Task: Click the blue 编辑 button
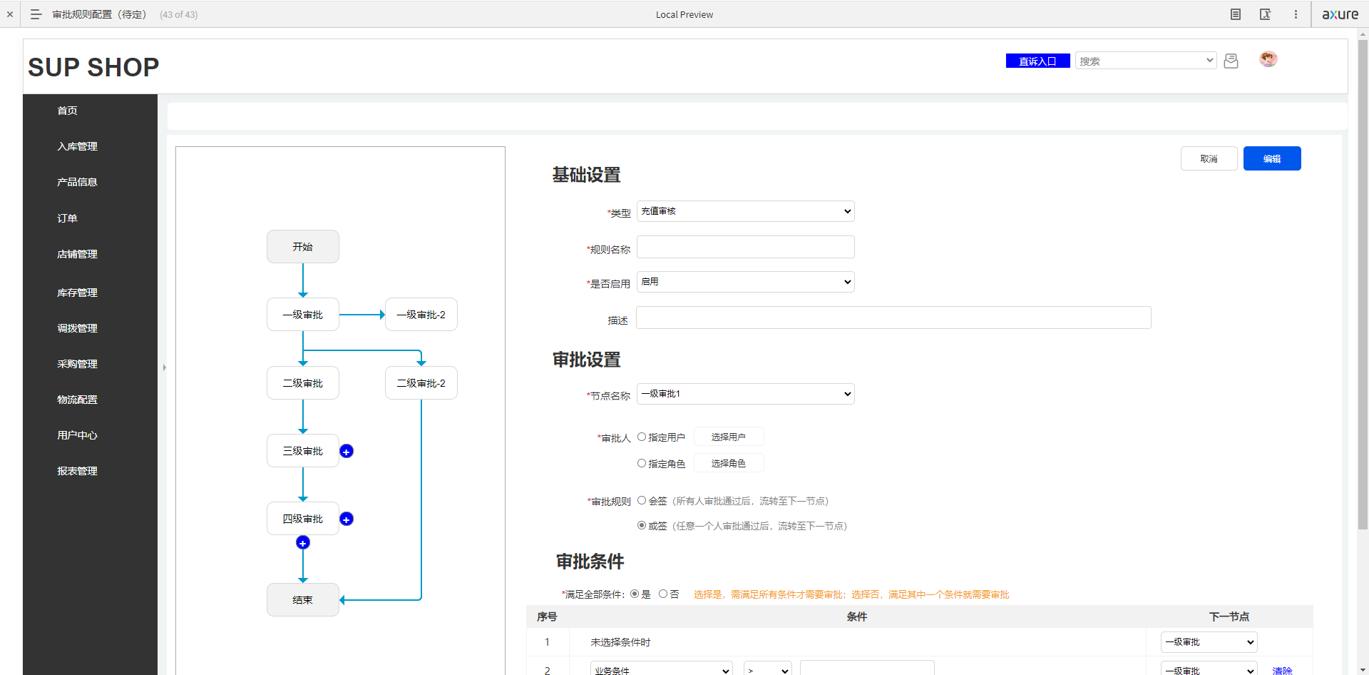pyautogui.click(x=1272, y=158)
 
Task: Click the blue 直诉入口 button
pyautogui.click(x=1037, y=61)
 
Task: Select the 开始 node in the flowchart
pyautogui.click(x=303, y=246)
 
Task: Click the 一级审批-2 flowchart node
pyautogui.click(x=421, y=315)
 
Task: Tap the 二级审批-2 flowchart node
pyautogui.click(x=421, y=383)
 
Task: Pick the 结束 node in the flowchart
pyautogui.click(x=303, y=600)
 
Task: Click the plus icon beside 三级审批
pyautogui.click(x=347, y=451)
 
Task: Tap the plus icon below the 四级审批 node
pyautogui.click(x=303, y=543)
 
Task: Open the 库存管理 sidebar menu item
pyautogui.click(x=77, y=293)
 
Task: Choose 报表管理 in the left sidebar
pyautogui.click(x=77, y=471)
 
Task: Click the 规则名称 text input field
pyautogui.click(x=746, y=247)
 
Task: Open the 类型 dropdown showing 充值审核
pyautogui.click(x=746, y=211)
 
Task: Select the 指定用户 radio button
pyautogui.click(x=642, y=437)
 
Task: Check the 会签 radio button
pyautogui.click(x=642, y=501)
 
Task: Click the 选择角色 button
pyautogui.click(x=729, y=463)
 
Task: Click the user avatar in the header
pyautogui.click(x=1268, y=59)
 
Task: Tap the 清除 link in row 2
pyautogui.click(x=1282, y=670)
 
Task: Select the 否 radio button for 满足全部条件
pyautogui.click(x=663, y=594)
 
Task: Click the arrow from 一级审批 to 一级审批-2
pyautogui.click(x=362, y=315)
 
